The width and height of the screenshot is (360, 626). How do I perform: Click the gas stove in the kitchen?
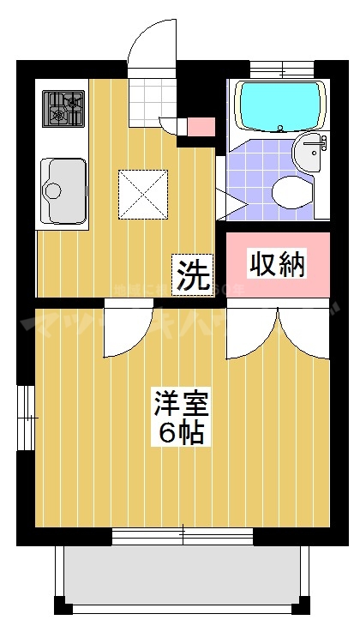point(64,109)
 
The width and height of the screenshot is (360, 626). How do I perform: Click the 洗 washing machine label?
point(194,276)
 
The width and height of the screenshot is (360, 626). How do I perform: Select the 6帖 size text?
point(181,433)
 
